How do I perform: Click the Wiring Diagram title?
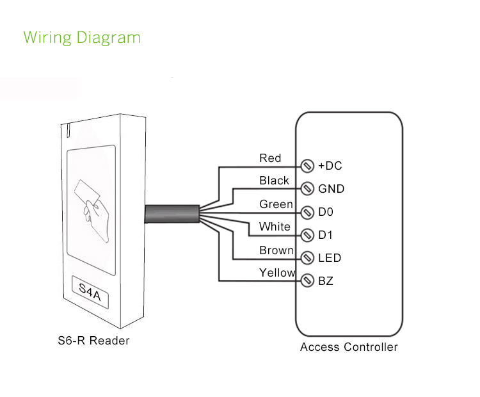[x=82, y=37]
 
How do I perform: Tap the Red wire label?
[x=270, y=158]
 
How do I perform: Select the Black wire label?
[x=274, y=181]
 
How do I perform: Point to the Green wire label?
[x=276, y=204]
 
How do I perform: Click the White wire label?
[x=275, y=227]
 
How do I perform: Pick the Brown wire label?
[x=276, y=250]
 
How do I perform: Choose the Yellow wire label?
[x=277, y=273]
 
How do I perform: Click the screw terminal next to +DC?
[x=307, y=166]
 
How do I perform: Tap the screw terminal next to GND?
[x=307, y=189]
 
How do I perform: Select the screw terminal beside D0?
[x=307, y=212]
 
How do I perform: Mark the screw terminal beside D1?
[x=307, y=235]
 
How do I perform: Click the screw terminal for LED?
[x=307, y=258]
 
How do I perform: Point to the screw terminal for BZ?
[x=307, y=281]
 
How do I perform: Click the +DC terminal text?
[x=330, y=166]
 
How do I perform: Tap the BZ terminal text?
[x=326, y=281]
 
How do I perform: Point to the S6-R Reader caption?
[x=93, y=341]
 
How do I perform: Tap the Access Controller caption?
[x=349, y=348]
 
